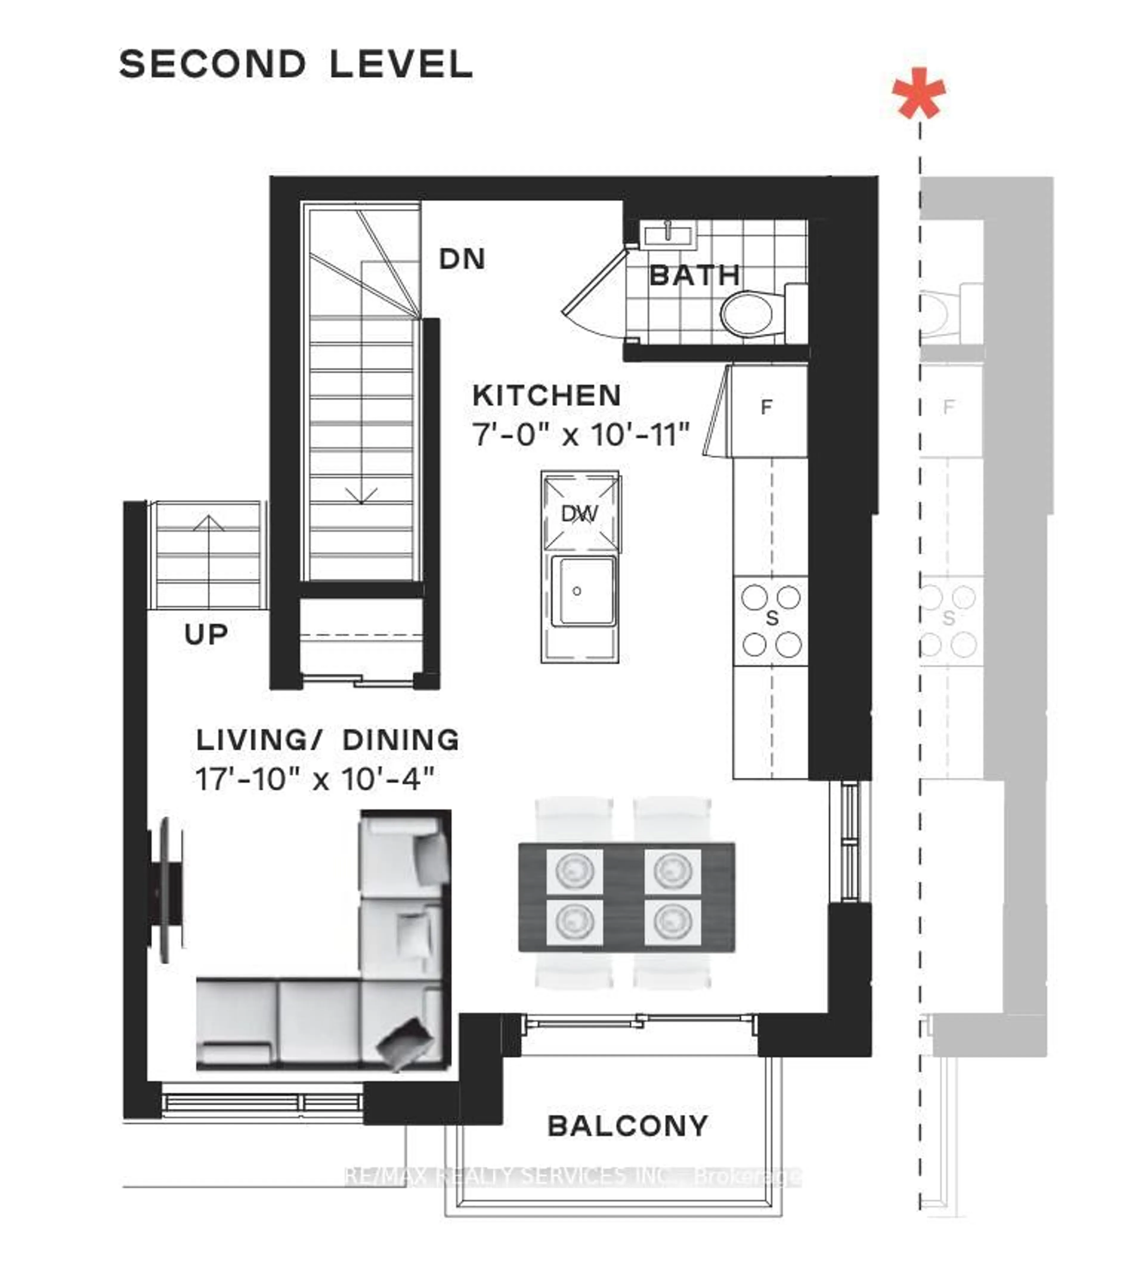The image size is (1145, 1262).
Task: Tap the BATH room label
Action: [694, 275]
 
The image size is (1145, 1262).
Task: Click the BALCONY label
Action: [627, 1126]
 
